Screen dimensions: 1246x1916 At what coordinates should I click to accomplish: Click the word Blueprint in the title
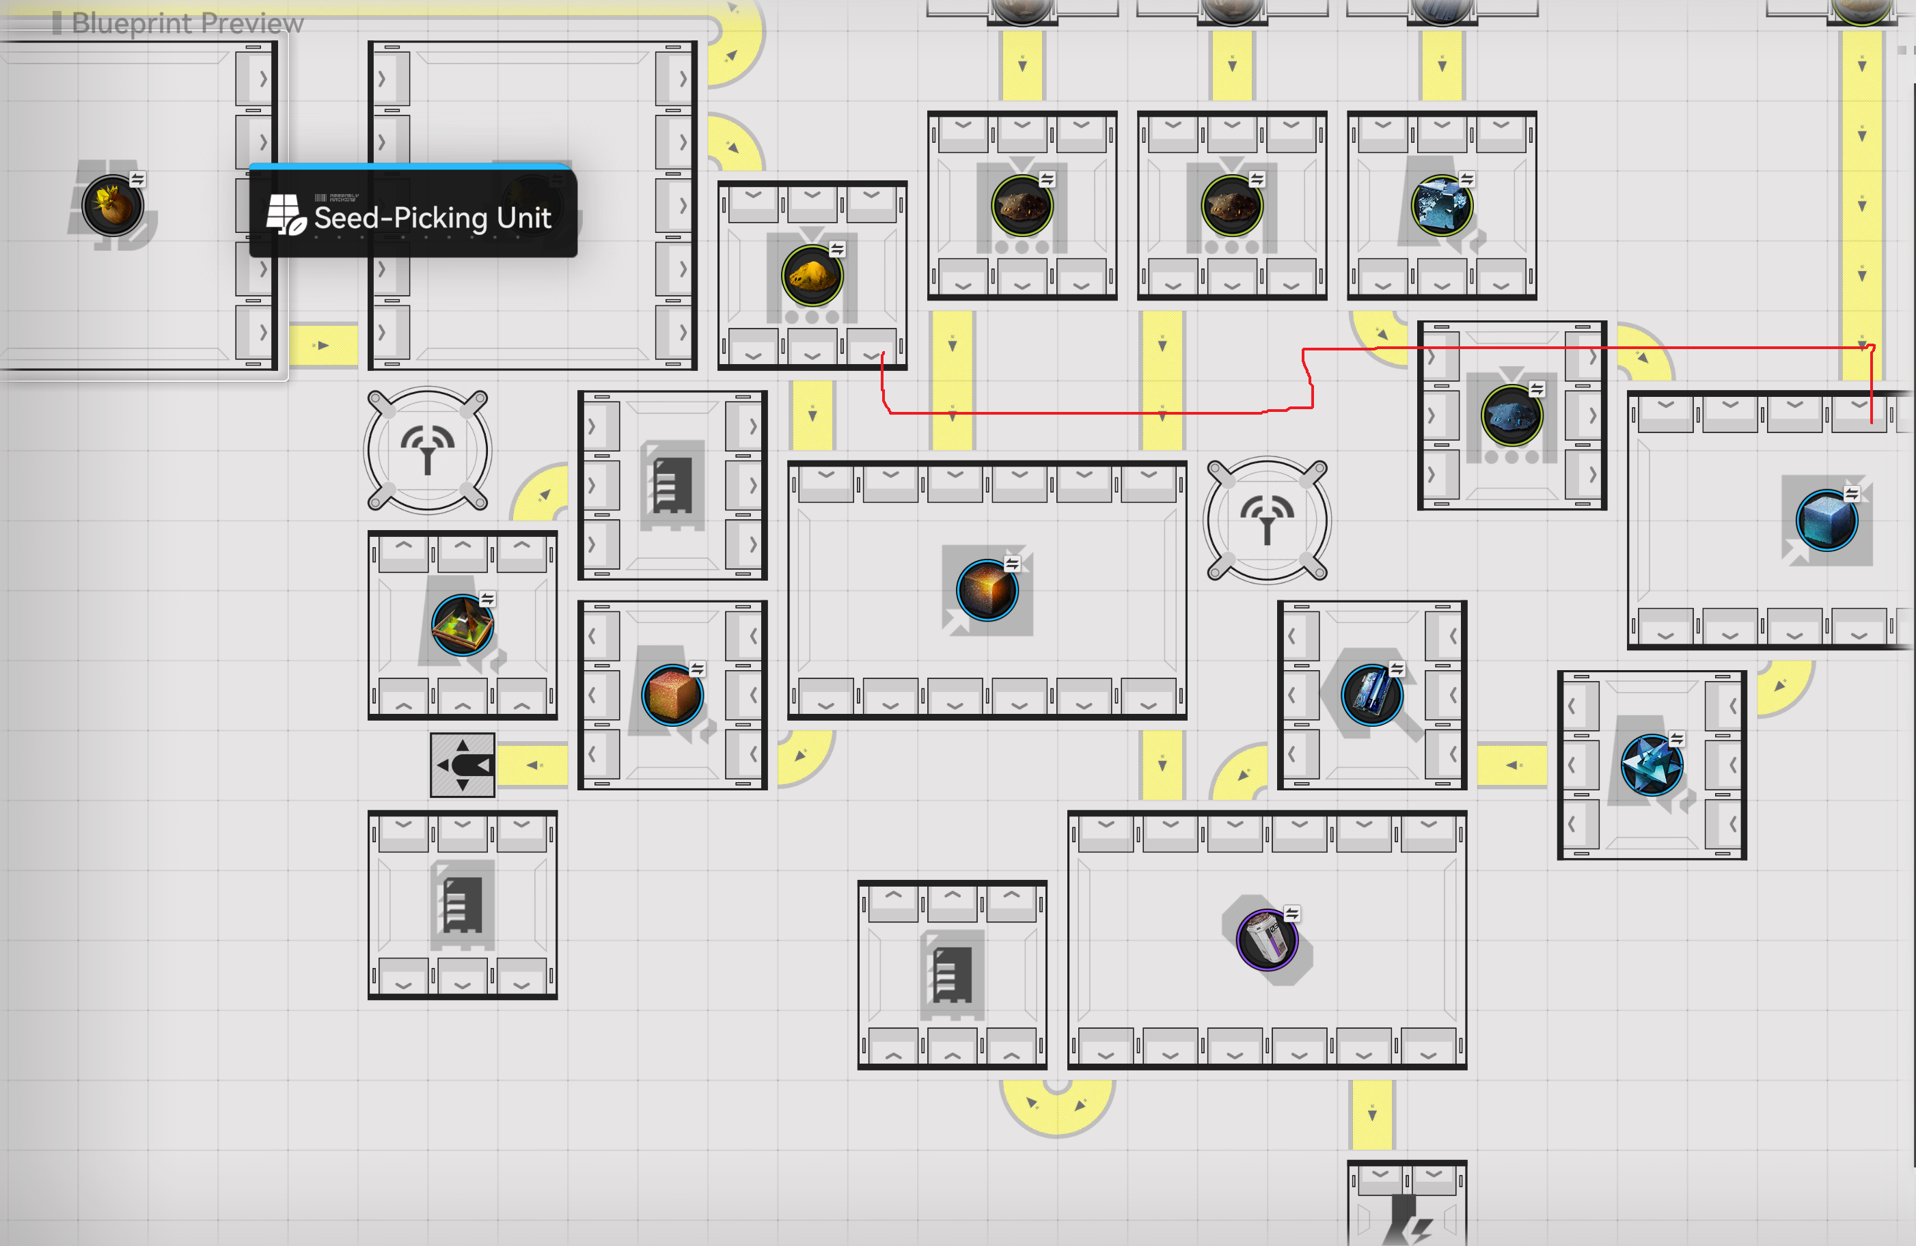(x=132, y=23)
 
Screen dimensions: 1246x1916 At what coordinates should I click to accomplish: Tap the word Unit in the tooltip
(x=523, y=217)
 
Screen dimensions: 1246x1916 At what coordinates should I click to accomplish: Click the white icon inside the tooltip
(x=286, y=214)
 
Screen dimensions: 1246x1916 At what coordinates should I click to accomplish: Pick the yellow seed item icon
(x=113, y=204)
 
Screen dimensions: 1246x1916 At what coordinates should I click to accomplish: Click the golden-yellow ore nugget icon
(x=812, y=275)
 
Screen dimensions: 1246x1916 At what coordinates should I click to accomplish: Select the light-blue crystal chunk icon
(x=1442, y=205)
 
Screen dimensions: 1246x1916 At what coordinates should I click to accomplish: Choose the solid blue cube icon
(x=1826, y=520)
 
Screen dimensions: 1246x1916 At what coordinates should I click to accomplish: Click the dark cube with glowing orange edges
(x=987, y=590)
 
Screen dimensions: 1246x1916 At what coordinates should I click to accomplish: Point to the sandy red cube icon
(x=672, y=695)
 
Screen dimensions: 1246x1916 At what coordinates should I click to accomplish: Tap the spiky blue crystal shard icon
(x=1651, y=764)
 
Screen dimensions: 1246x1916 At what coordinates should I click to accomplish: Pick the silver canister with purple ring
(x=1266, y=939)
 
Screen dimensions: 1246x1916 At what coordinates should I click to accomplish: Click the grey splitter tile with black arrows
(x=462, y=764)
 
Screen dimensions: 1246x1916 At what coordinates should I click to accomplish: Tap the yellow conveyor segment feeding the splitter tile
(x=532, y=764)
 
